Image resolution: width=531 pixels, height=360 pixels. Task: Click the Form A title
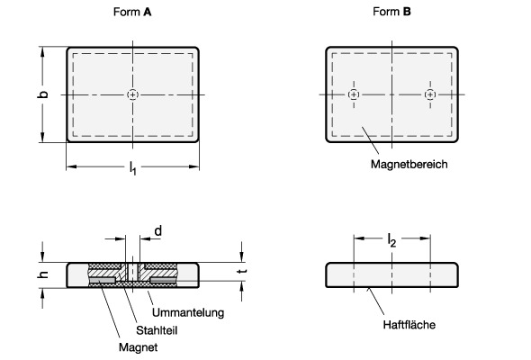point(132,13)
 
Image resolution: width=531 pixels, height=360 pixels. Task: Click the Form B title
point(391,12)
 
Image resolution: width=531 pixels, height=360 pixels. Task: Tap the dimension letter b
point(42,94)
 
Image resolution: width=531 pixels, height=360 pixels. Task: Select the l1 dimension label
point(133,168)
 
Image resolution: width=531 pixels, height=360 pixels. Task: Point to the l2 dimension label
point(391,240)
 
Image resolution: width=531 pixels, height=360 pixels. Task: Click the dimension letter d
point(158,231)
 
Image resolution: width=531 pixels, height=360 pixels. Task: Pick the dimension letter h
point(43,274)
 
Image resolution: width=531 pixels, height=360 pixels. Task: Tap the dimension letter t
point(242,271)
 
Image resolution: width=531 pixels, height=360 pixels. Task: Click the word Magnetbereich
point(409,165)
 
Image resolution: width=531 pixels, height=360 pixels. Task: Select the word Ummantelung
point(188,312)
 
